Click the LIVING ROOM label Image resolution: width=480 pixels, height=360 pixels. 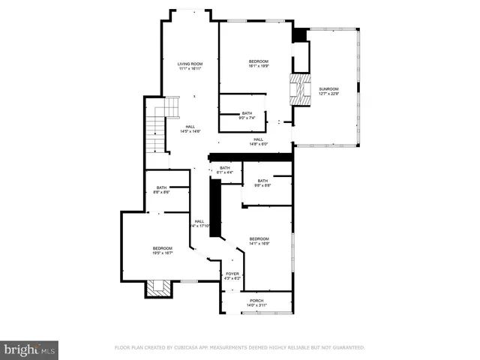190,64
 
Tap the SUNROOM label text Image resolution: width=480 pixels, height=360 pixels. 328,89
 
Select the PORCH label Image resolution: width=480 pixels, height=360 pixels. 256,300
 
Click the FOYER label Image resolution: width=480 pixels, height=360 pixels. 232,274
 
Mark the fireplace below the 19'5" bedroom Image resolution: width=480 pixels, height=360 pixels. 158,288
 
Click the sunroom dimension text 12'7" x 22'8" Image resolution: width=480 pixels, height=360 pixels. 328,94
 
